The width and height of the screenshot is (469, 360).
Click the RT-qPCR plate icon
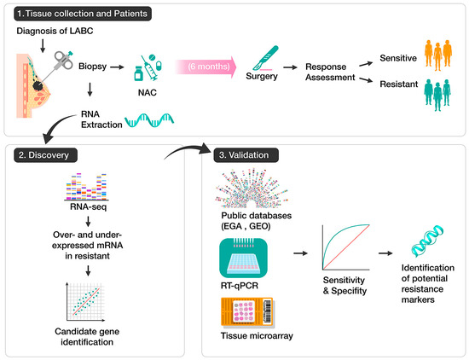[x=242, y=256]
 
